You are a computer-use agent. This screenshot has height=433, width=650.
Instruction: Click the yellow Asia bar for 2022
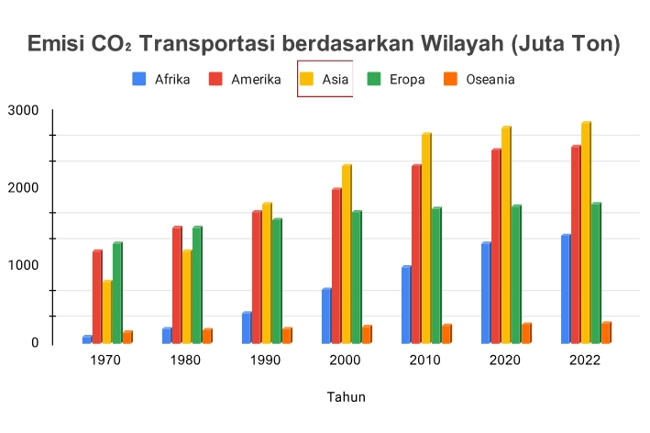[x=585, y=233]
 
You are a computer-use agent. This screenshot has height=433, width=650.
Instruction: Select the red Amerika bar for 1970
[x=97, y=296]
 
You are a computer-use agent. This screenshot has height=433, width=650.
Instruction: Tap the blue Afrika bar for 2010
[x=406, y=305]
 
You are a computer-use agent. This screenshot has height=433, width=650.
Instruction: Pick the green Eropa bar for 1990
[x=277, y=281]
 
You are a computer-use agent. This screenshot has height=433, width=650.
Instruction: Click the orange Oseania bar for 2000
[x=367, y=334]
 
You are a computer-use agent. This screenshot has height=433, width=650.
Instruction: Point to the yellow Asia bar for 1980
[x=187, y=296]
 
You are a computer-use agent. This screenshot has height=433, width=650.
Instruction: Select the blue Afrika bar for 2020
[x=486, y=293]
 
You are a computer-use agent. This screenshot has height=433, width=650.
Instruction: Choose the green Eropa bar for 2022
[x=595, y=273]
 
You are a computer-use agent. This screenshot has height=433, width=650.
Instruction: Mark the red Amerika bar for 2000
[x=336, y=266]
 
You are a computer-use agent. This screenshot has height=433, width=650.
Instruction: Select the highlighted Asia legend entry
[x=325, y=79]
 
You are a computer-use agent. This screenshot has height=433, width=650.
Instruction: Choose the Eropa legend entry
[x=396, y=79]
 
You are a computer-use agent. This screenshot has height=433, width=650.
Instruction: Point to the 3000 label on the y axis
[x=22, y=111]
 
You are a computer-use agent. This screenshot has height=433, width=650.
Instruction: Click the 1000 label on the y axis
[x=22, y=265]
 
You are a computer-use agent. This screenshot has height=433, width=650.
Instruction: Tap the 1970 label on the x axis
[x=106, y=360]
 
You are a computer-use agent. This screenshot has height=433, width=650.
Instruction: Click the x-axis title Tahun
[x=347, y=397]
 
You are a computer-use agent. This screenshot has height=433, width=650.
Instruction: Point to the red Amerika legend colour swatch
[x=217, y=79]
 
